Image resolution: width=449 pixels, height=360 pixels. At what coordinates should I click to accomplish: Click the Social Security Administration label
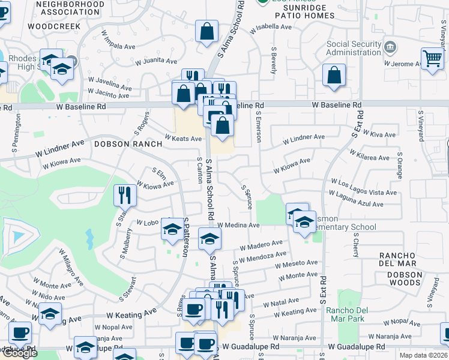[x=354, y=49]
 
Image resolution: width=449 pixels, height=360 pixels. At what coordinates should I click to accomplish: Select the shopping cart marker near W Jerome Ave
[x=432, y=59]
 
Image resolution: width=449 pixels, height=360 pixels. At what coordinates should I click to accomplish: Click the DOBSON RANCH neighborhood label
[x=128, y=144]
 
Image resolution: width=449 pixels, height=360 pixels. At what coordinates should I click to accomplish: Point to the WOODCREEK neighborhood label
[x=53, y=27]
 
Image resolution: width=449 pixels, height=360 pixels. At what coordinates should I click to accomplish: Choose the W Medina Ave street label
[x=238, y=226]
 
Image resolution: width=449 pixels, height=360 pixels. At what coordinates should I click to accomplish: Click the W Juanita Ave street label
[x=155, y=61]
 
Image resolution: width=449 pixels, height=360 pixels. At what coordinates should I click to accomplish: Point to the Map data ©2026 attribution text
[x=424, y=355]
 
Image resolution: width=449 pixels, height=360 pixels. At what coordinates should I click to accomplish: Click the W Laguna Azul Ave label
[x=356, y=199]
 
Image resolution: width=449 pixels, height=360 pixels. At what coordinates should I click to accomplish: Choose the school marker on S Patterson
[x=172, y=229]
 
